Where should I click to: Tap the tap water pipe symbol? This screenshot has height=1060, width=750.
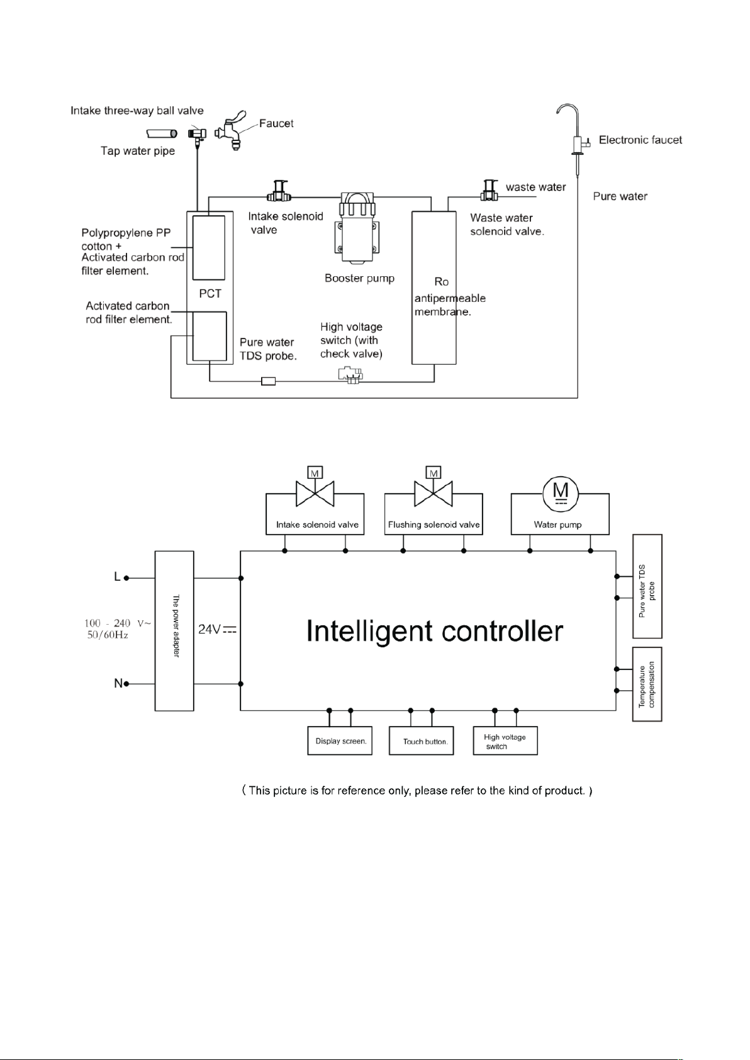162,134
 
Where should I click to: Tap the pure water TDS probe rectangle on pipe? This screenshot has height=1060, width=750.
268,381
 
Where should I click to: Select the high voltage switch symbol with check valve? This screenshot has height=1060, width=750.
350,375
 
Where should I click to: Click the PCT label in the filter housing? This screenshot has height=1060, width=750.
210,294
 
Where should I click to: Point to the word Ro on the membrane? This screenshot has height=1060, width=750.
441,282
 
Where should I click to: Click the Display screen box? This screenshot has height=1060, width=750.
340,740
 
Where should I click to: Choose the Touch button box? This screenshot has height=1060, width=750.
421,740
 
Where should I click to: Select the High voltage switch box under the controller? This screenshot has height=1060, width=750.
505,740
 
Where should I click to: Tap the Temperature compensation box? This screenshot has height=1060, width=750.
647,684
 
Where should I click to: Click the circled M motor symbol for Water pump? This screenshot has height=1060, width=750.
561,494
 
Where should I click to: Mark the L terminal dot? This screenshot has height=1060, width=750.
126,577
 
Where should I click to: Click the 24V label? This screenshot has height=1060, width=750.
217,629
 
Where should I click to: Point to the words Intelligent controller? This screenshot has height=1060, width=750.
435,631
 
